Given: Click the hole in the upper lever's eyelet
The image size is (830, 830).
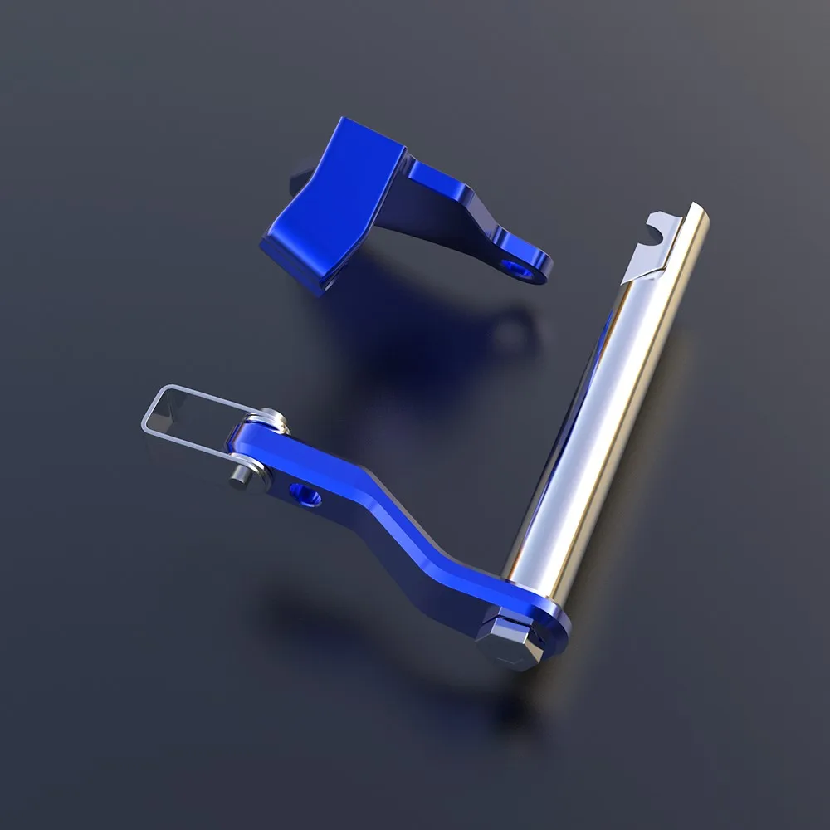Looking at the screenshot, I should pos(522,270).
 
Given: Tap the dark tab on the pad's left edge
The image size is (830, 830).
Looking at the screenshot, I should pos(293,178).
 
